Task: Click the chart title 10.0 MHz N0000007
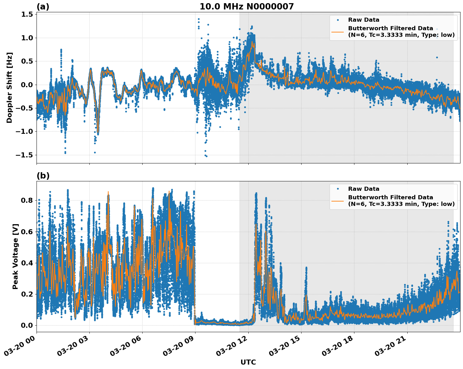[246, 7]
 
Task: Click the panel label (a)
[43, 7]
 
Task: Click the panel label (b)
[43, 176]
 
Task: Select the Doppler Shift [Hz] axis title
[9, 88]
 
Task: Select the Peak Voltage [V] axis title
[15, 256]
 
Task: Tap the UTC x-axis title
[248, 362]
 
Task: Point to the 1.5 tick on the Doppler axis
[27, 14]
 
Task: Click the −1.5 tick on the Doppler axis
[25, 155]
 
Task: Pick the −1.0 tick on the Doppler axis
[25, 132]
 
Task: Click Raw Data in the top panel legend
[364, 20]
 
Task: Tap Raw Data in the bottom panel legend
[364, 189]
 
